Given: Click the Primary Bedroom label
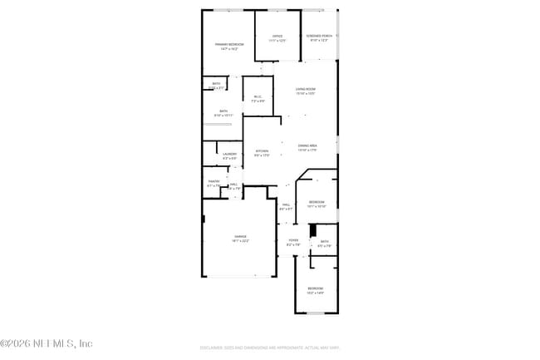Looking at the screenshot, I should tap(228, 47).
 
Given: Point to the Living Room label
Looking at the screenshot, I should tap(306, 91).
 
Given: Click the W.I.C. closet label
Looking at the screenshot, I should tap(258, 99).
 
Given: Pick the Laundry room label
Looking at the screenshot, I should tap(229, 155).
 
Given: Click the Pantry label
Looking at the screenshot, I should tap(214, 183).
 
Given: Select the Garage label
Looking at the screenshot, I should tap(240, 239).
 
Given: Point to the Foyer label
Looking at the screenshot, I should tap(292, 242).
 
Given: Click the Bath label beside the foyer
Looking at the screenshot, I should tap(324, 244).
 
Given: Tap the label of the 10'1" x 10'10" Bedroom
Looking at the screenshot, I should tap(317, 204).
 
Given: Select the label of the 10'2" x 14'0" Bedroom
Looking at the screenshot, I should tap(315, 290).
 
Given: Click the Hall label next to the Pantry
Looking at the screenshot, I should tap(233, 186).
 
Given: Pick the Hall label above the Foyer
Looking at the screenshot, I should tap(286, 206).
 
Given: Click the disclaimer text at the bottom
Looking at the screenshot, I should tap(270, 348).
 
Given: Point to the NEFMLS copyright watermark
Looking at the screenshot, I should tap(47, 343).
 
